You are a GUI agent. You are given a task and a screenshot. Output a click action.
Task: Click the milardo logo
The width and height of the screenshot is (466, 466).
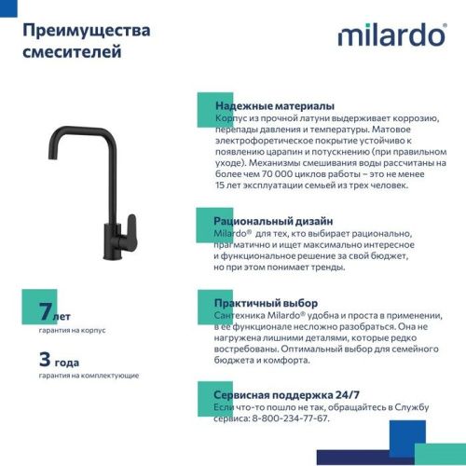click(x=391, y=35)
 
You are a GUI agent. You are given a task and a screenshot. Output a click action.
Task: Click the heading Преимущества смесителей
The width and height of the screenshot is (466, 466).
click(x=86, y=41)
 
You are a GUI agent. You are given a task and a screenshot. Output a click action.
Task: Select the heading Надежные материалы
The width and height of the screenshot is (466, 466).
click(x=274, y=106)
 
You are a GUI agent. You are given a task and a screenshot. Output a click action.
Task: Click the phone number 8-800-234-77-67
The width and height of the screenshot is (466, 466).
click(x=289, y=418)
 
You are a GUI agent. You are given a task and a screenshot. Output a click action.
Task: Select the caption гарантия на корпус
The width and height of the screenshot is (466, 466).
click(x=73, y=330)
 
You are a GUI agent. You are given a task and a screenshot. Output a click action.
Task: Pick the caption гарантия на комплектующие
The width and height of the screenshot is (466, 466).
click(x=89, y=376)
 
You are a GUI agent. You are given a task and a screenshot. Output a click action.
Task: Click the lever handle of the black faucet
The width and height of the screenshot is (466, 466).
click(x=130, y=226)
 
